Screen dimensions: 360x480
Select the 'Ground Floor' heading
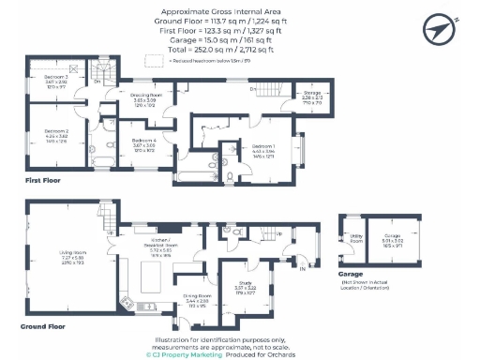(44, 328)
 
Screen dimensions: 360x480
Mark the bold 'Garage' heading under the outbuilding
(352, 275)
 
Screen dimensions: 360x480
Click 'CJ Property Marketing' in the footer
(186, 354)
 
